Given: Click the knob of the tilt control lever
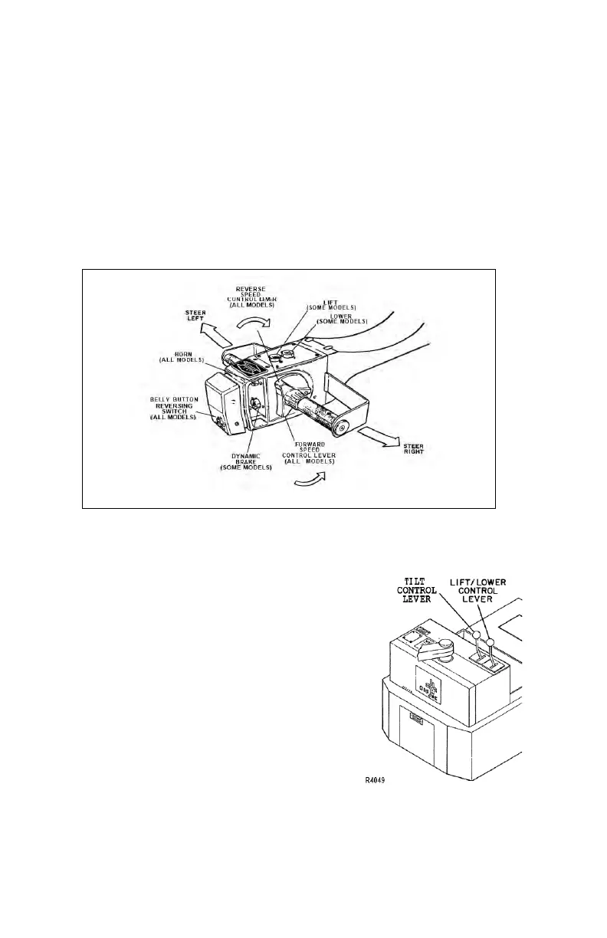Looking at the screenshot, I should click(x=476, y=635).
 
